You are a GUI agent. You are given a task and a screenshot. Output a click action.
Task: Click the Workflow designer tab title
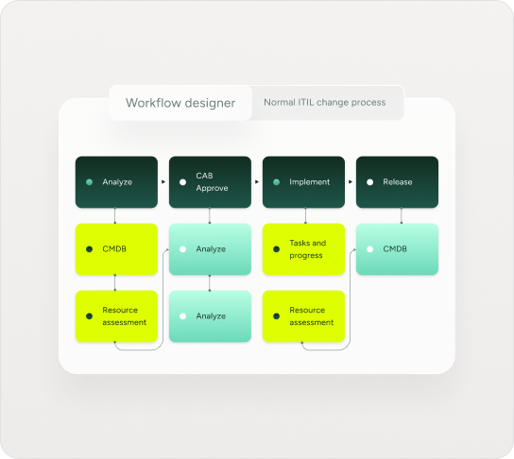pos(180,103)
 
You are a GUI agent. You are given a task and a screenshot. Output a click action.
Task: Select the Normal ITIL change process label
pos(324,103)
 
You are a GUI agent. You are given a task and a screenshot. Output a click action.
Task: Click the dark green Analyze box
pos(116,182)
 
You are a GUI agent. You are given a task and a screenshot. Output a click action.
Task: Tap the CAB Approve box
pos(210,182)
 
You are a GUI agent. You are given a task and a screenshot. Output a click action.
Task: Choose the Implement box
pos(303,182)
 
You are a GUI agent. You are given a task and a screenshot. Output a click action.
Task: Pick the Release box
pos(397,182)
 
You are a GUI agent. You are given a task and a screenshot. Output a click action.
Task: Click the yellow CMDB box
pos(116,249)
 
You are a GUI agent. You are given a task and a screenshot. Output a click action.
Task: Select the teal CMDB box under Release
pos(397,249)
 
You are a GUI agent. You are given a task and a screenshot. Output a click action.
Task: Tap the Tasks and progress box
pos(303,249)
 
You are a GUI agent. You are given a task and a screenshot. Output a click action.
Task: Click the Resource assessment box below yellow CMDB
pos(116,316)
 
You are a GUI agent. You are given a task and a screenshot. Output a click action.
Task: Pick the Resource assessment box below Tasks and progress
pos(303,316)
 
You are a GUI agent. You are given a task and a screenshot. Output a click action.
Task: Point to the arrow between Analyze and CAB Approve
pos(163,182)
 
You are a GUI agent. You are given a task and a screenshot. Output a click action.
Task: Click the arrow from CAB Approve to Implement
pos(257,182)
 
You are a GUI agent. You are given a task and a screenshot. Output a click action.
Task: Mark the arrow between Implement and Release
pos(351,182)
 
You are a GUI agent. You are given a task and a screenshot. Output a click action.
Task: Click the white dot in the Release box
pos(369,182)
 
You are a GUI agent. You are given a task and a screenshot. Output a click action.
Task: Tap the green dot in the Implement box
pos(276,182)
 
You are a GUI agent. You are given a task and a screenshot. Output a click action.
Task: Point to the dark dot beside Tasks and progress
pos(276,249)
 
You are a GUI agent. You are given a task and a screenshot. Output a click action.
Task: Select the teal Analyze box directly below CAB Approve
pos(210,249)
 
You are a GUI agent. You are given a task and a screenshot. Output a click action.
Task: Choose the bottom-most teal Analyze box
pos(210,316)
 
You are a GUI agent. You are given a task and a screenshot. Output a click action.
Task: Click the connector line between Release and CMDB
pos(402,215)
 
